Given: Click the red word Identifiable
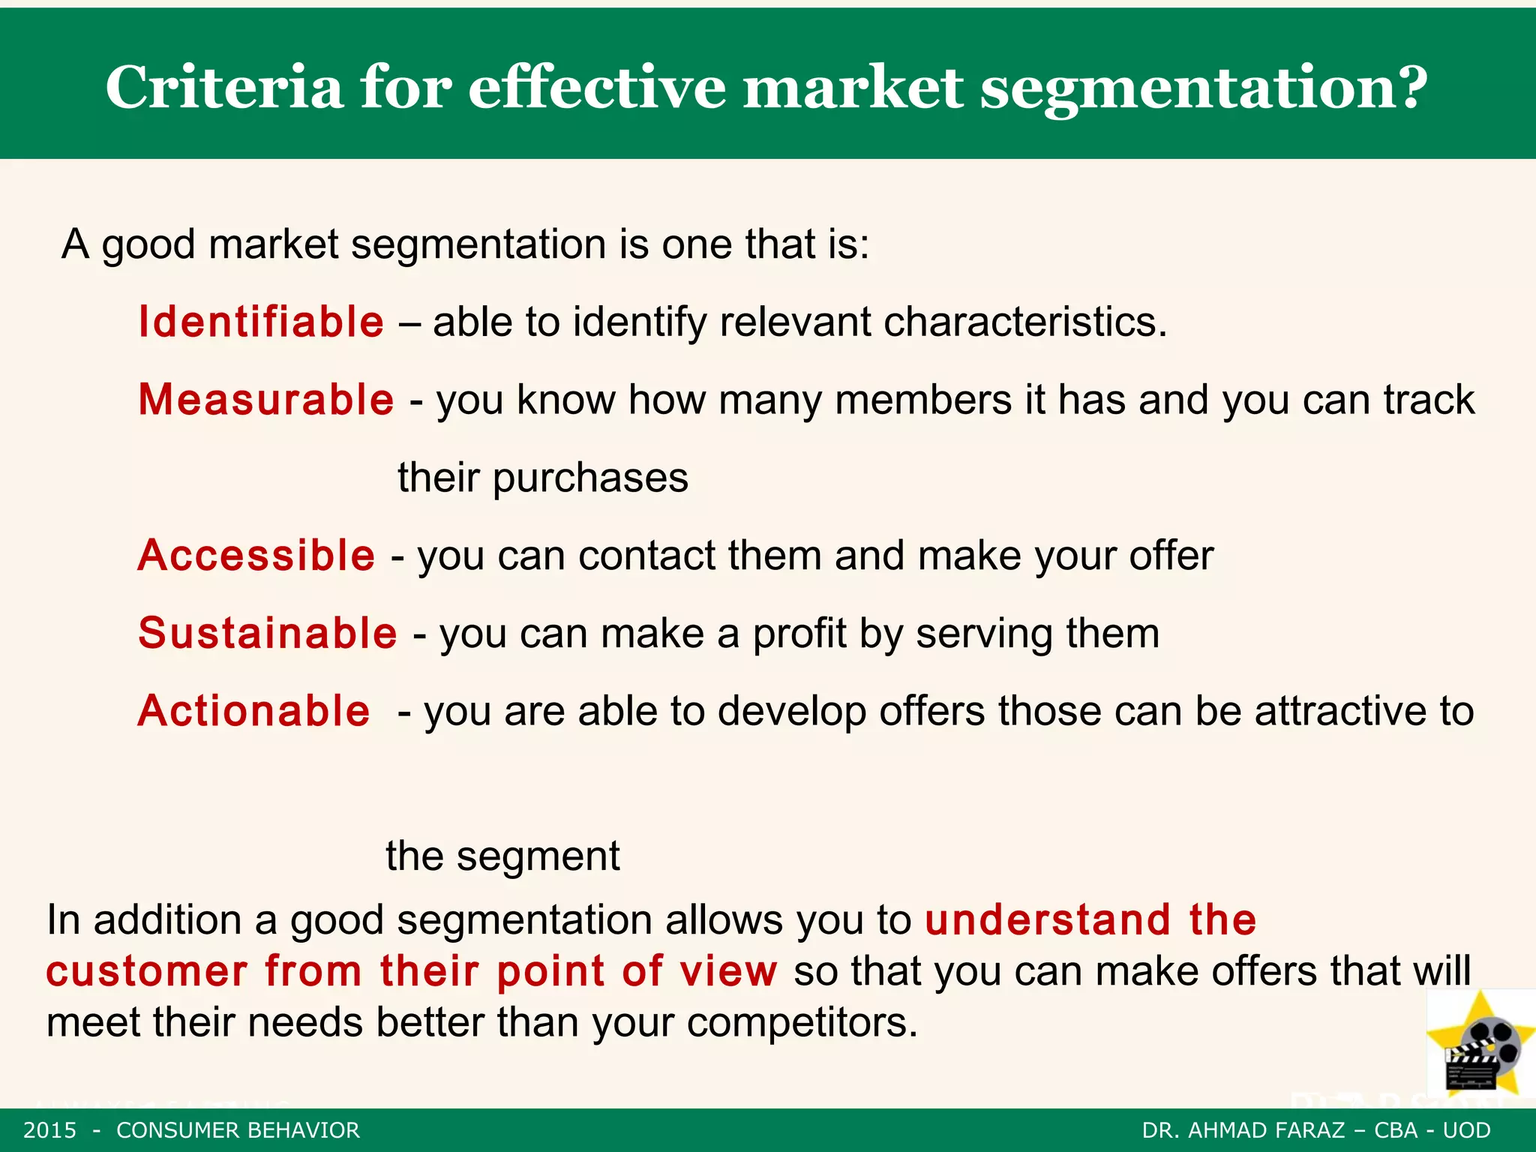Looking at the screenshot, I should click(x=261, y=322).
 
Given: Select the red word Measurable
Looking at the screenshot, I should click(x=266, y=400).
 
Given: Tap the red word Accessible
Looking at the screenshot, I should click(x=256, y=556).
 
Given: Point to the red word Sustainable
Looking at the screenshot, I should click(x=268, y=633).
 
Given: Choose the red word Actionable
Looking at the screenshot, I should click(x=253, y=711).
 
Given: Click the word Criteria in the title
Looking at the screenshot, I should click(x=224, y=88).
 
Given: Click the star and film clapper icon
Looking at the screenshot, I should click(x=1480, y=1045).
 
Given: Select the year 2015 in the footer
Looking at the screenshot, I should click(x=49, y=1130).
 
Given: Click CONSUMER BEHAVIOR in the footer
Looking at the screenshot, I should click(x=238, y=1130).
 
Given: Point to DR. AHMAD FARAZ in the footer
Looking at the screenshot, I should click(x=1243, y=1130).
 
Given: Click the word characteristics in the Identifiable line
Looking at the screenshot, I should click(x=1024, y=322).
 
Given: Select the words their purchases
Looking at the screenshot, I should click(x=543, y=478).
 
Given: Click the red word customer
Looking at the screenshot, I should click(x=147, y=971).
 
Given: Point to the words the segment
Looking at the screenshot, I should click(x=502, y=856).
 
